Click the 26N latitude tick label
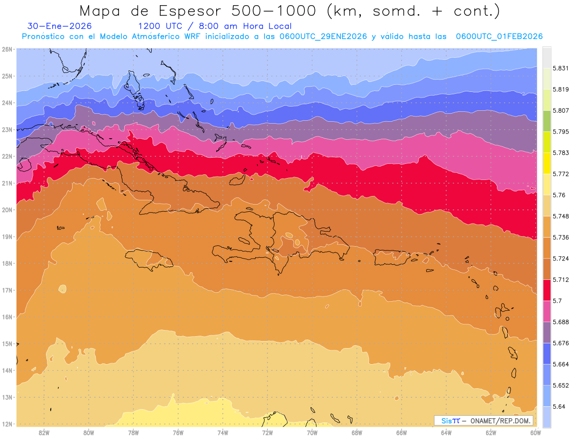[x=8, y=49]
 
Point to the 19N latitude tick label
[x=8, y=237]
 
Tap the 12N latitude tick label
[x=8, y=424]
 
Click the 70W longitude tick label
[x=312, y=432]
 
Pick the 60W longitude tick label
[x=535, y=432]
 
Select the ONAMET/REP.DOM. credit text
[x=500, y=421]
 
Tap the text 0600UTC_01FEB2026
[x=499, y=36]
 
